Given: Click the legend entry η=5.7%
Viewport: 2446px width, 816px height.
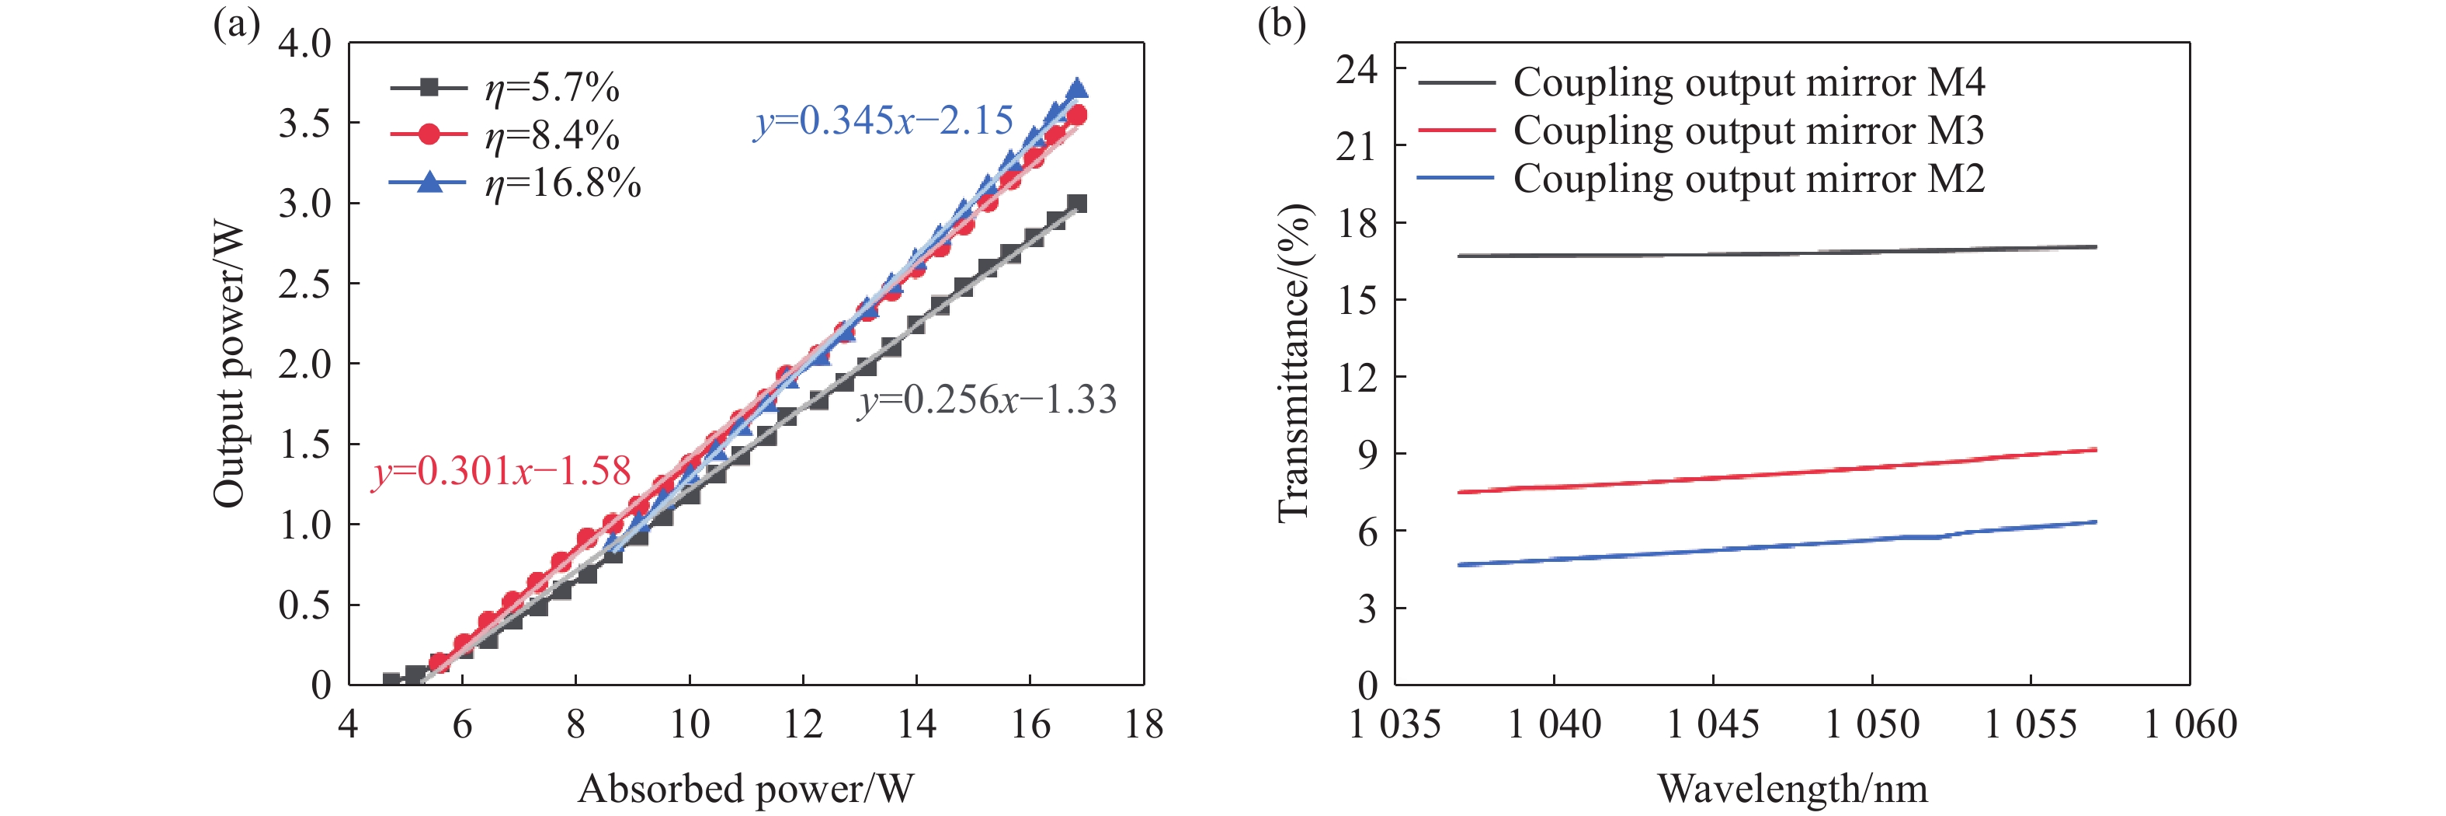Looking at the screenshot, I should [551, 89].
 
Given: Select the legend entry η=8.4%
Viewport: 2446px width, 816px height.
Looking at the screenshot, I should [551, 136].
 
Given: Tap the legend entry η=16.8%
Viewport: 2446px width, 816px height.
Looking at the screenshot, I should [562, 183].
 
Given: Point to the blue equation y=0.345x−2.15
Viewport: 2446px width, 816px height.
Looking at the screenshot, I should [883, 120].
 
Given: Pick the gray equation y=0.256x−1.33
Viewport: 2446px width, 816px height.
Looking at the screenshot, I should [988, 400].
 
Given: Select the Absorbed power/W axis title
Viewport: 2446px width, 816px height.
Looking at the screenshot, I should [745, 789].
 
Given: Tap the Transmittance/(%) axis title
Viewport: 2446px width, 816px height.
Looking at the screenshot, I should [1293, 364].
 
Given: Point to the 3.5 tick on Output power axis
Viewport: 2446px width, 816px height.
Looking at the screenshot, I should [305, 124].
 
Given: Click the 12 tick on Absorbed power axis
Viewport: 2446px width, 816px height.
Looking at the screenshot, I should [802, 725].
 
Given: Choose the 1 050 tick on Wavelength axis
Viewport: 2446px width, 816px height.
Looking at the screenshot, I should [1871, 725].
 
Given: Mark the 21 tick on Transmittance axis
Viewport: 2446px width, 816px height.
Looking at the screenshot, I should [1356, 146].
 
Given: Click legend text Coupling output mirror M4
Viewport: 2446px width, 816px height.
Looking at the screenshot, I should [1748, 82].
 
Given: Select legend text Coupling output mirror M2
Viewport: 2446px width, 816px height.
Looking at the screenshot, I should [1748, 179].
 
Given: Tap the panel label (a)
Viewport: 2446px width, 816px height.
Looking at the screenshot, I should [236, 24].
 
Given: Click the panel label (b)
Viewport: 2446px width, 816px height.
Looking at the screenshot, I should [1281, 24].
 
